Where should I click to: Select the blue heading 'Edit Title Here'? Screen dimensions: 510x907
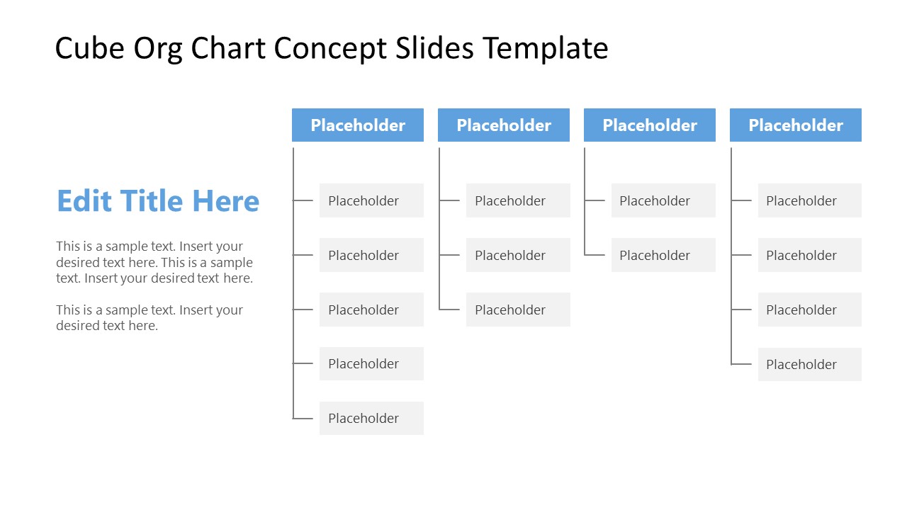coord(158,201)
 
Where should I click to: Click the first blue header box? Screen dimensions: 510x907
coord(358,125)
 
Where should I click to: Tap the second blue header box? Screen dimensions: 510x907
coord(504,125)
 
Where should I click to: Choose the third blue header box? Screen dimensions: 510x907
coord(650,125)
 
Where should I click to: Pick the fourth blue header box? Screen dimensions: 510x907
coord(796,125)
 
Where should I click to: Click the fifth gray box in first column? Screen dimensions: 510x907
coord(371,418)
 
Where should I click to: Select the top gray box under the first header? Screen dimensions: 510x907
coord(371,200)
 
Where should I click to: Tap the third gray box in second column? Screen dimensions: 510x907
coord(518,310)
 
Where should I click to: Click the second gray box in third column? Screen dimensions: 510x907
coord(663,255)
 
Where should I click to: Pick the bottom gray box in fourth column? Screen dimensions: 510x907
coord(810,364)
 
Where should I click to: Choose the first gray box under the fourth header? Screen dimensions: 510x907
coord(810,200)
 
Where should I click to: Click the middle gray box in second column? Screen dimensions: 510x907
coord(518,255)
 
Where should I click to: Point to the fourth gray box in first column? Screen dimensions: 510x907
coord(371,363)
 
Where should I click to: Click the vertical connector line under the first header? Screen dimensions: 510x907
coord(293,283)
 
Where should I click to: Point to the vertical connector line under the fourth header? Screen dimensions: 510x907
coord(731,283)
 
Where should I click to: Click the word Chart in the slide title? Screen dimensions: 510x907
coord(230,49)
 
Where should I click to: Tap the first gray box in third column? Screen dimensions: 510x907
coord(663,200)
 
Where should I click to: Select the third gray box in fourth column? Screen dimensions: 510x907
coord(810,310)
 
